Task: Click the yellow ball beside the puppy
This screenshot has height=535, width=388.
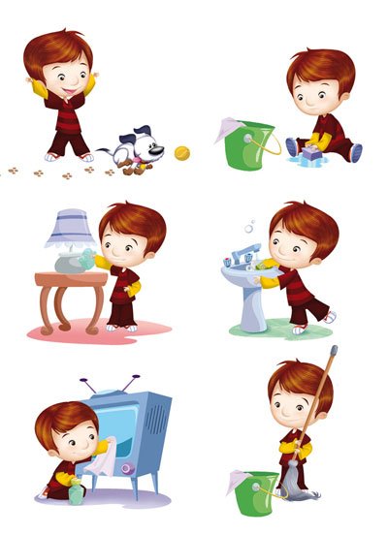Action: coord(181,152)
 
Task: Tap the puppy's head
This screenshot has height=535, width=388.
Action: coord(139,142)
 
